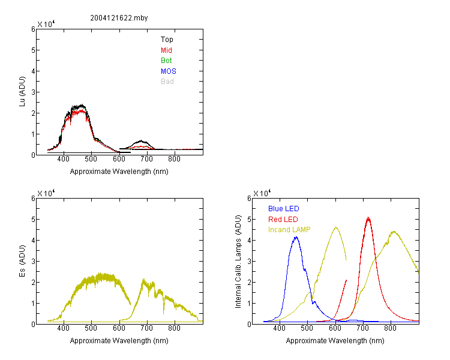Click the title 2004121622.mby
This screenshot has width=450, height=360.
119,18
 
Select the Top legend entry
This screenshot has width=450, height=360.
167,40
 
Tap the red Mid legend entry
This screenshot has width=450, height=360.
166,50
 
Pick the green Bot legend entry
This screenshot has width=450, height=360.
166,60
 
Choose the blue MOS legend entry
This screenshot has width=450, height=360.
168,71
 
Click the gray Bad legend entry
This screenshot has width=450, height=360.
167,81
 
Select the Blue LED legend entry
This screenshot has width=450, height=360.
284,208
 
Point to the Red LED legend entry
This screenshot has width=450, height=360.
283,220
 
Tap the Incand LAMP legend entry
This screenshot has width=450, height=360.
289,230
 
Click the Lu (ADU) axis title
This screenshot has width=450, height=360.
22,92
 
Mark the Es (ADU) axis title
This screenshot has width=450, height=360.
22,261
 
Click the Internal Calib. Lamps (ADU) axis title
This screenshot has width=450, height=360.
238,262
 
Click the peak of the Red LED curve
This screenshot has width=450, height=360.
368,218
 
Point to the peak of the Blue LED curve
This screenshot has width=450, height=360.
296,238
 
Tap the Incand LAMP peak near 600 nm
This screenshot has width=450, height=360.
336,227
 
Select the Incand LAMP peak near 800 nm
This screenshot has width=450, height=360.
394,232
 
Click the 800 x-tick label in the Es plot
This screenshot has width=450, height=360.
174,328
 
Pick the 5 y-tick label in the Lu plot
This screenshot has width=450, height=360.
33,50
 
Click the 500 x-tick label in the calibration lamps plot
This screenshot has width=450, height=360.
307,328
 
